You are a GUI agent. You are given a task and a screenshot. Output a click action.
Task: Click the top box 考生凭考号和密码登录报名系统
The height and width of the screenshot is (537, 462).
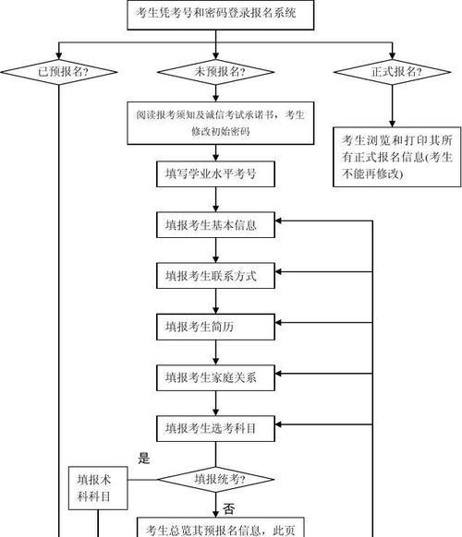(221, 15)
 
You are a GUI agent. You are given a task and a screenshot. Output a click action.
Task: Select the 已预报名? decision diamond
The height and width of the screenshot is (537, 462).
(58, 72)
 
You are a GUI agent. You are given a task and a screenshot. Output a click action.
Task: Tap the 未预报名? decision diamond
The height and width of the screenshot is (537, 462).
(215, 72)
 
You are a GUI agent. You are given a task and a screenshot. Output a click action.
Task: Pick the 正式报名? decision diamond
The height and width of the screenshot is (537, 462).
(392, 72)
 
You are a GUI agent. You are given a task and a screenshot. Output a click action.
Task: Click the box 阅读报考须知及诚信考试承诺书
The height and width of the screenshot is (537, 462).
(221, 123)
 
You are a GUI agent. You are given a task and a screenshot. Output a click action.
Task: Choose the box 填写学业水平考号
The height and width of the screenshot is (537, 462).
(215, 174)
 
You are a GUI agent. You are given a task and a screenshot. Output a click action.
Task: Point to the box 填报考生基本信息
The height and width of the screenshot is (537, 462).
(215, 224)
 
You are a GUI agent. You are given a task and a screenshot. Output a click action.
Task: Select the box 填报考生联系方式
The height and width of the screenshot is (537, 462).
(215, 276)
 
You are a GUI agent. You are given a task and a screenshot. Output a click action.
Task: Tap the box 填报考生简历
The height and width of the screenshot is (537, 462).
(215, 327)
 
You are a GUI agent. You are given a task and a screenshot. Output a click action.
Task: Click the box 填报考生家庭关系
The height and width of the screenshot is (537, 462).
(215, 377)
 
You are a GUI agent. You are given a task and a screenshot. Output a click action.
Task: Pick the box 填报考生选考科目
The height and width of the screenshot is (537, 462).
(215, 428)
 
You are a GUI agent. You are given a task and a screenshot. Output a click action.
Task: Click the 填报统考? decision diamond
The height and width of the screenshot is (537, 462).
(215, 480)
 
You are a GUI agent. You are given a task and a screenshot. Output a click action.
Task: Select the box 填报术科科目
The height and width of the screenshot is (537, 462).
(98, 488)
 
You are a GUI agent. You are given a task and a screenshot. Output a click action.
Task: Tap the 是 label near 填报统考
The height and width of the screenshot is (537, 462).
(144, 458)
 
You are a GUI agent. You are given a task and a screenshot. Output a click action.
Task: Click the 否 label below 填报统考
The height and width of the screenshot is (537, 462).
(229, 509)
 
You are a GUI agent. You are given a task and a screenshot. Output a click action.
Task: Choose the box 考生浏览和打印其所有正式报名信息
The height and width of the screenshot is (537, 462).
(396, 157)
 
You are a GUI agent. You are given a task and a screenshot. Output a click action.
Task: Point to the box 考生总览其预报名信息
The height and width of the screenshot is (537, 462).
(221, 527)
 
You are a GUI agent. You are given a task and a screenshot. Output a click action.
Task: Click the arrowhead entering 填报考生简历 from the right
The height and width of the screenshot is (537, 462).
(278, 323)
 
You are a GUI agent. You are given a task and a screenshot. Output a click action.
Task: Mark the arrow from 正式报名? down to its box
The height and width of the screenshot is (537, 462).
(392, 106)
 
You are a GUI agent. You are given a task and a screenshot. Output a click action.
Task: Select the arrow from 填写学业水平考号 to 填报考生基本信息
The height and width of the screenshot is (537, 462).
(215, 199)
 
